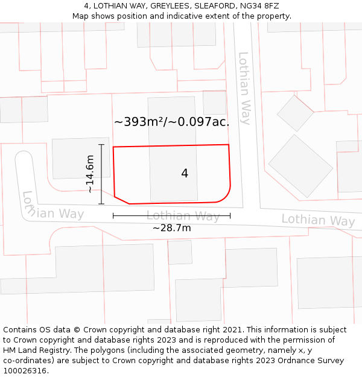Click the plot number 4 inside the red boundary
[185, 174]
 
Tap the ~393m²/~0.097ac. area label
[172, 122]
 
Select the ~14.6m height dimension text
[90, 174]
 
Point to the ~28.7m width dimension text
[171, 228]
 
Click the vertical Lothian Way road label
[244, 88]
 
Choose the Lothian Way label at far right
[318, 220]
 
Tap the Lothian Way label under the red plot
[183, 216]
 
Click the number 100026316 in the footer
[26, 371]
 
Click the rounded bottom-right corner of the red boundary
[226, 196]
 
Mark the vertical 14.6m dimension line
[101, 174]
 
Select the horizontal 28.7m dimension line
[171, 215]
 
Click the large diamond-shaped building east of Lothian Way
[300, 166]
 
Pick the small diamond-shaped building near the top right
[295, 113]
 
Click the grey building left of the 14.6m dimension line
[72, 158]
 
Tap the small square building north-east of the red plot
[214, 103]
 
